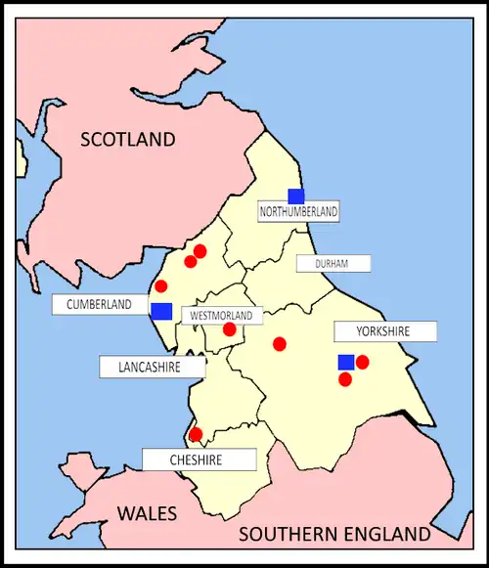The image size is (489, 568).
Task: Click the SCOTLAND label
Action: pos(128,139)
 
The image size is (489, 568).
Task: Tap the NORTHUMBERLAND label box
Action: pos(298,211)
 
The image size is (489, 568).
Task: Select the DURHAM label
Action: pos(333,263)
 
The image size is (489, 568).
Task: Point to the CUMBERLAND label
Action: pos(99,305)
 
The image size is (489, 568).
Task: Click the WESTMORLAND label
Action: pos(223,316)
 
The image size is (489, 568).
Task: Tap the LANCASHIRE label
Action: pos(153,367)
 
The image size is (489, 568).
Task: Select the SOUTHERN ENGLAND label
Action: pos(334,534)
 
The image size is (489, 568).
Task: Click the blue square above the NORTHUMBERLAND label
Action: pos(295,196)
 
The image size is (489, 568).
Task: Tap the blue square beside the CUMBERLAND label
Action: pos(162,311)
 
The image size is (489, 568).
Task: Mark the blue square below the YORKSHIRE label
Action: pos(346,363)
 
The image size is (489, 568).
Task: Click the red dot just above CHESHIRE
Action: pos(196,434)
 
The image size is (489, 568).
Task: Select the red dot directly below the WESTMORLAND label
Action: pos(230,329)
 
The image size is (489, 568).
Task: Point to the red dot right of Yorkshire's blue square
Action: pos(363,362)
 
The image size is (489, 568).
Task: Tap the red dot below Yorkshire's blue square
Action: pos(345,378)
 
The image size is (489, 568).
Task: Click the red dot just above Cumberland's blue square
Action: pos(161,286)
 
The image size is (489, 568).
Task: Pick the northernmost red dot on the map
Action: pos(200,251)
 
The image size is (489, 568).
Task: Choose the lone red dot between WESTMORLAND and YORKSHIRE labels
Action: pos(280,343)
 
